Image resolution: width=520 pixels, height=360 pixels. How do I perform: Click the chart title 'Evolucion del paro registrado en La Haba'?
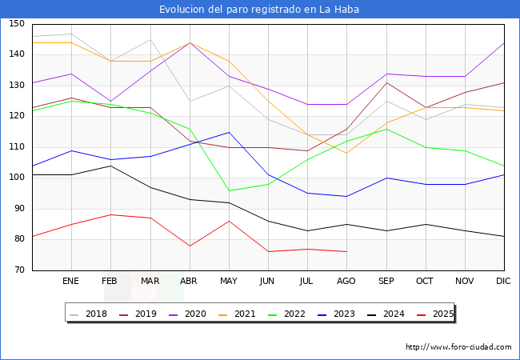(x=259, y=10)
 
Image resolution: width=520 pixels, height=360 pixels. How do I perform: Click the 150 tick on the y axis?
(x=17, y=24)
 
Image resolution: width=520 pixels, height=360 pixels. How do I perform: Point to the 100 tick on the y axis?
(x=17, y=178)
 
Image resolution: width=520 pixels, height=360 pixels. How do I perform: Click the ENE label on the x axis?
(x=71, y=282)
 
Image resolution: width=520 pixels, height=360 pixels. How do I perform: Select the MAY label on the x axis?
(x=229, y=282)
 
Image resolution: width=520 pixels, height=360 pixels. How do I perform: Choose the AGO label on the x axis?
(x=346, y=282)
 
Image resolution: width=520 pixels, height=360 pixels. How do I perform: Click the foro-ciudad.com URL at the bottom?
(x=458, y=347)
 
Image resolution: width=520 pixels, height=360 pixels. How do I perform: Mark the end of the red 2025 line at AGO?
(x=346, y=252)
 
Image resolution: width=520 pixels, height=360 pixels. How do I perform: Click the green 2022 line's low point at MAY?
(x=229, y=190)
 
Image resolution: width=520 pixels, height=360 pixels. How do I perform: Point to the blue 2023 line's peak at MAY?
(x=229, y=132)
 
